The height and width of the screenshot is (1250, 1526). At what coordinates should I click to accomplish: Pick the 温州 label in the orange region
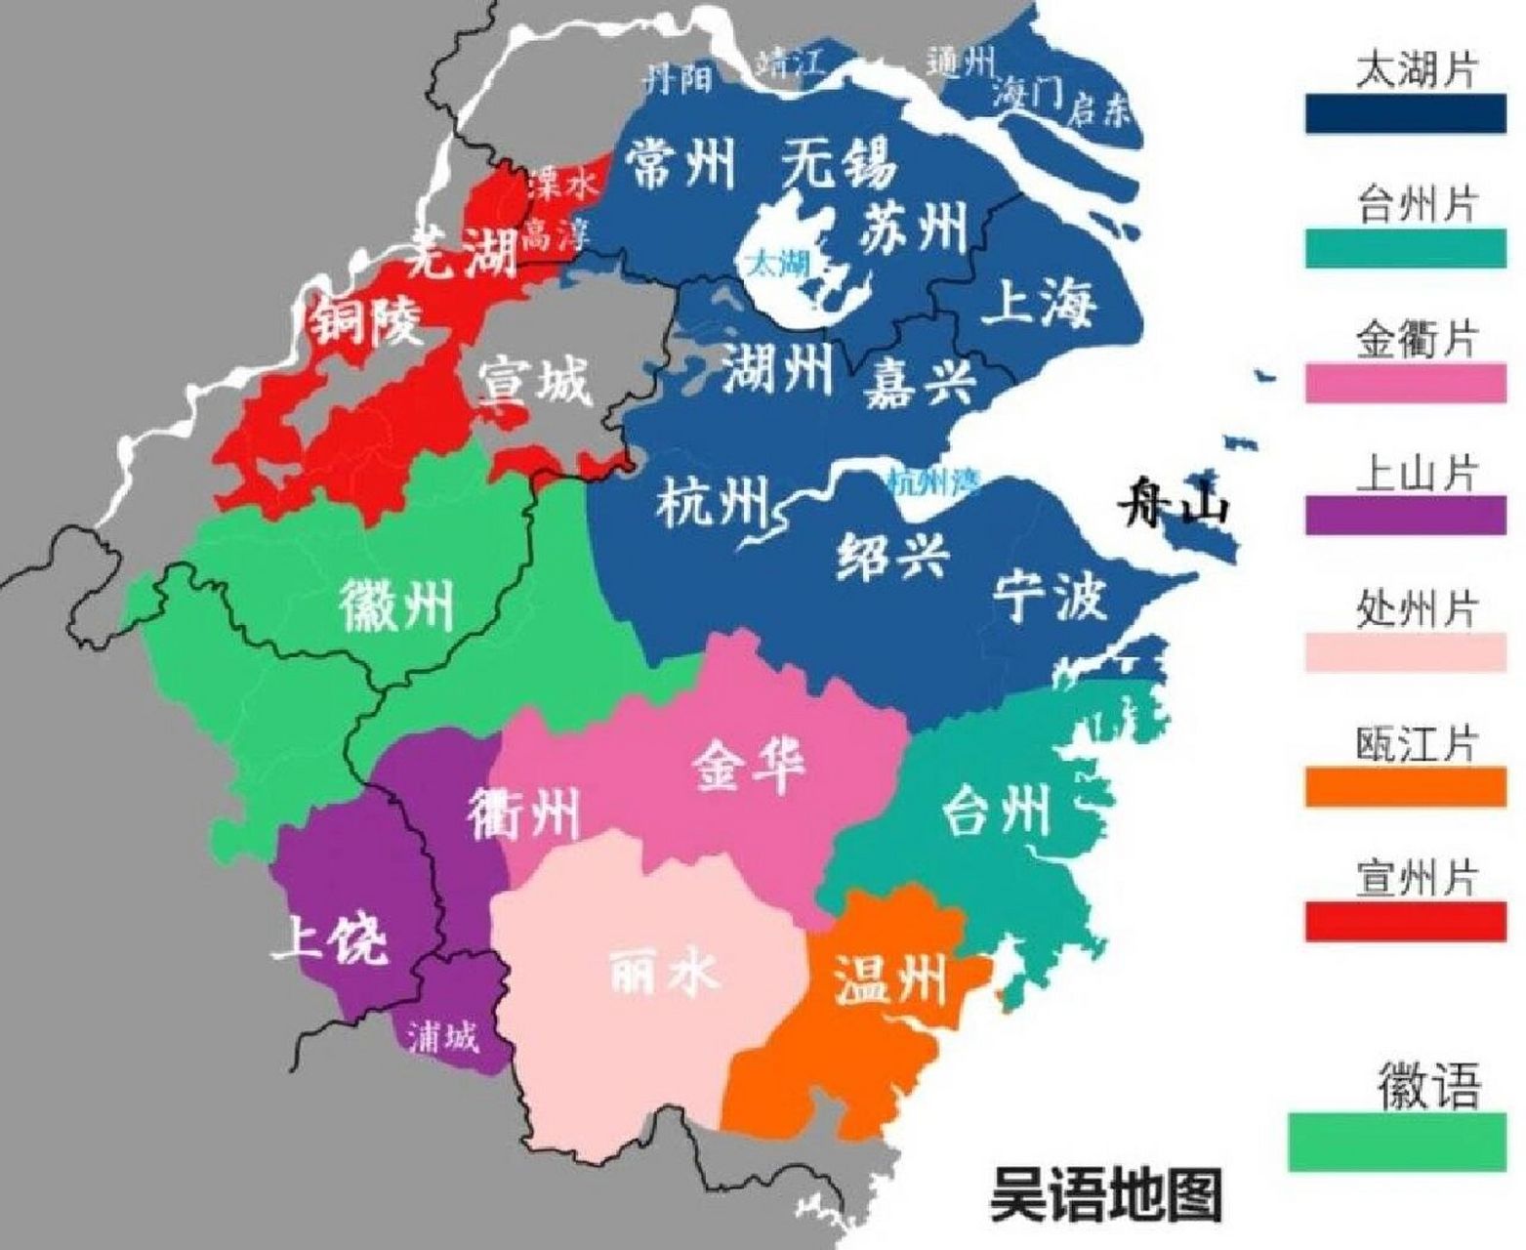point(890,979)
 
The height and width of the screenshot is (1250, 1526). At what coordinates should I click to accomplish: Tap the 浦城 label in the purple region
point(444,1039)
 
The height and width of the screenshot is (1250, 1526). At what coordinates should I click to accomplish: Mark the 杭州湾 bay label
point(934,479)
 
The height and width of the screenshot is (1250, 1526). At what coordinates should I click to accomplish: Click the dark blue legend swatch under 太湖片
point(1405,114)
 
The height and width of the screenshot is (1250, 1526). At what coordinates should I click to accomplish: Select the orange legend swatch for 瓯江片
point(1405,786)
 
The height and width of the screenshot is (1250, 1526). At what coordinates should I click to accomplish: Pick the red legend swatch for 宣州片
point(1405,921)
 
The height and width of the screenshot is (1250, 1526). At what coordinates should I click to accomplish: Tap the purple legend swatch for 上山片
point(1405,515)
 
